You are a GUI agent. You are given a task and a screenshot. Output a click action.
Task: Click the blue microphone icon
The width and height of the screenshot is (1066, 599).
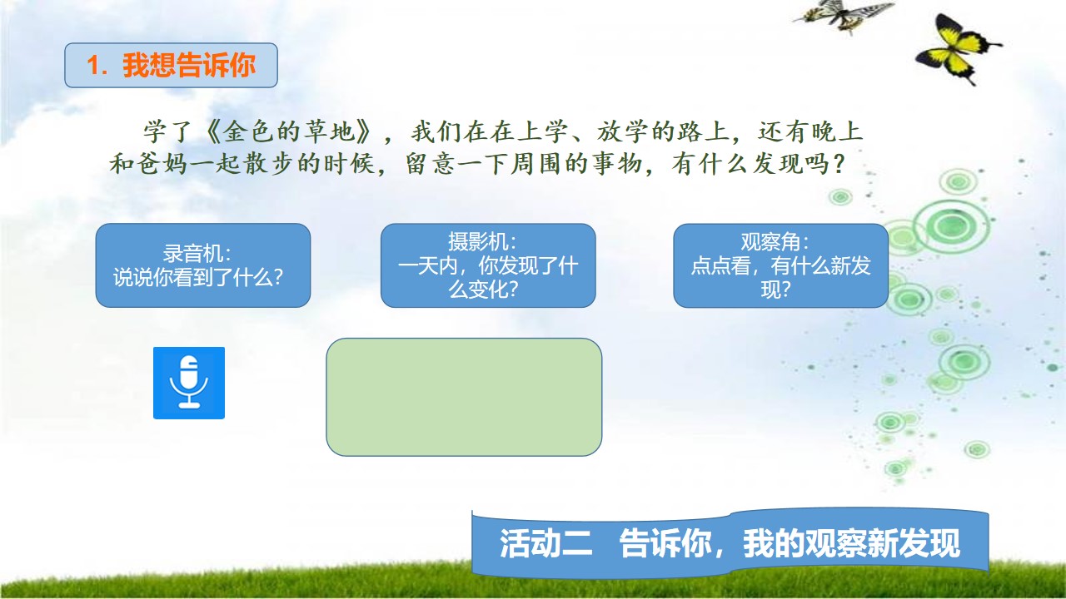click(189, 383)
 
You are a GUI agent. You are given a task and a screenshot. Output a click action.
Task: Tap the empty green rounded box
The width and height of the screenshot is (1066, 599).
click(464, 397)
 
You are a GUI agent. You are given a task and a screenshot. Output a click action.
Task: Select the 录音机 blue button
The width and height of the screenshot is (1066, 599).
click(203, 265)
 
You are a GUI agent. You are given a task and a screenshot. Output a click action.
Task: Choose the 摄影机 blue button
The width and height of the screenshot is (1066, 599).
click(488, 265)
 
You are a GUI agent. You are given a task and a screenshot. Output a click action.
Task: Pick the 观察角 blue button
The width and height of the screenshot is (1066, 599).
click(781, 265)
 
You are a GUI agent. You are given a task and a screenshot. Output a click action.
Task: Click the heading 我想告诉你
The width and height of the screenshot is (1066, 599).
click(189, 65)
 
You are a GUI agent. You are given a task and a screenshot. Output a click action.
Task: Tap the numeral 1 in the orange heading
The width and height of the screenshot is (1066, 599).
click(94, 65)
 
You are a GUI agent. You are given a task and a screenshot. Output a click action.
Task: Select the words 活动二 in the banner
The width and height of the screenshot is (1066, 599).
click(545, 543)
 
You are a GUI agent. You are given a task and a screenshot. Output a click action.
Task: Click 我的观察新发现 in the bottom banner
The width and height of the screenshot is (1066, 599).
click(851, 543)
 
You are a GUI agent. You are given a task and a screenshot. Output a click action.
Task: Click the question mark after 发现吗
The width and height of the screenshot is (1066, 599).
click(839, 164)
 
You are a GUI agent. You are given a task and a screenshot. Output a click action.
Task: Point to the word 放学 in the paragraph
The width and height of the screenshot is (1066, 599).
click(624, 131)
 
